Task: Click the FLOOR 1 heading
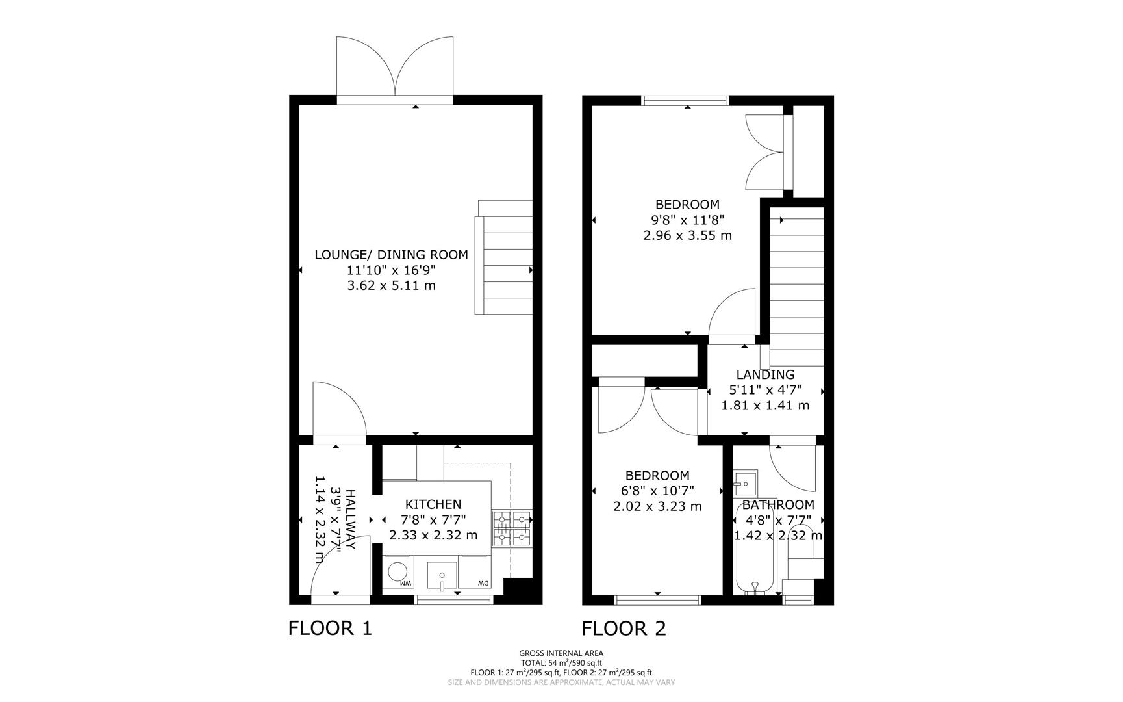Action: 330,629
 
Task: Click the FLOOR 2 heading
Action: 624,629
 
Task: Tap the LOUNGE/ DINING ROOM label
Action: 391,255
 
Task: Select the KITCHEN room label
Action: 433,504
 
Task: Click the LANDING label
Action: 765,374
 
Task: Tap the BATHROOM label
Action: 778,505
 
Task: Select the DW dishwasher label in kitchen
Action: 483,584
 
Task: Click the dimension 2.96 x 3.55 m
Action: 687,235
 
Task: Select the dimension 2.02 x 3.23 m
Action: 657,506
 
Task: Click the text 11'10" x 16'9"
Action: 391,270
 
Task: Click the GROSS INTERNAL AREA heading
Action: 561,653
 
